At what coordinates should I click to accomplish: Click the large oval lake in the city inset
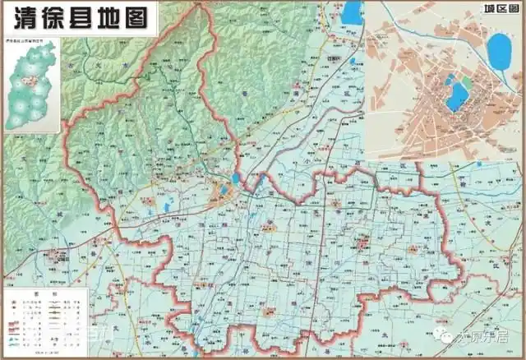498,52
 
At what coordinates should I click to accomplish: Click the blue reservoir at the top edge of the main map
352,12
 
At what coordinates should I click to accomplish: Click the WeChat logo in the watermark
444,336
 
